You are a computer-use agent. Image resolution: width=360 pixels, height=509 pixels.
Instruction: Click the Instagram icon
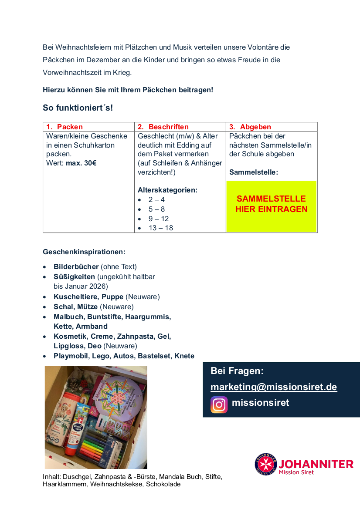click(219, 405)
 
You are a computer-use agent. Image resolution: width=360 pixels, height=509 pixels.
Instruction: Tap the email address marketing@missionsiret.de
click(274, 387)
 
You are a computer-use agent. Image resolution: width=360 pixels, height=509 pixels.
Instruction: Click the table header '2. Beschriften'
click(163, 127)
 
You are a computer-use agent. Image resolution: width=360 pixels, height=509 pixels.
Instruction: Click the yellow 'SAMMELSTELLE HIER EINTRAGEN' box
click(271, 204)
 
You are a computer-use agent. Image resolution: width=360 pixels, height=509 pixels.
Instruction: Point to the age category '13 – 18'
click(160, 228)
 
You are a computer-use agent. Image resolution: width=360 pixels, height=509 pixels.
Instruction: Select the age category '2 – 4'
click(156, 200)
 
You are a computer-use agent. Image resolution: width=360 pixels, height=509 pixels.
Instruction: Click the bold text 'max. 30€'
click(81, 163)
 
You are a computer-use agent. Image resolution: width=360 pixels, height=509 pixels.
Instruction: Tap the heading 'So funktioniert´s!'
click(78, 108)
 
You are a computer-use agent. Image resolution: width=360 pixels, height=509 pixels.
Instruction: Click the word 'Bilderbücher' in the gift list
click(76, 266)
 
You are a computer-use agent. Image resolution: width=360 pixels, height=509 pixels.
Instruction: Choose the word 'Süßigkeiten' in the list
click(74, 276)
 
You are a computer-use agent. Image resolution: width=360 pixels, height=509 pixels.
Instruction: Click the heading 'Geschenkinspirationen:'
click(84, 252)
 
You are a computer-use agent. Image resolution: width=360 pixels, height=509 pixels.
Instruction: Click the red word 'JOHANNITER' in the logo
click(316, 464)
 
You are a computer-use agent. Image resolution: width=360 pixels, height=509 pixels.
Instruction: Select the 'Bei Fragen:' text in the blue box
click(237, 371)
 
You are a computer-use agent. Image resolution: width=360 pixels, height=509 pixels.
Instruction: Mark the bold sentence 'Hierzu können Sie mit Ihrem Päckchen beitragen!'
click(128, 90)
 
